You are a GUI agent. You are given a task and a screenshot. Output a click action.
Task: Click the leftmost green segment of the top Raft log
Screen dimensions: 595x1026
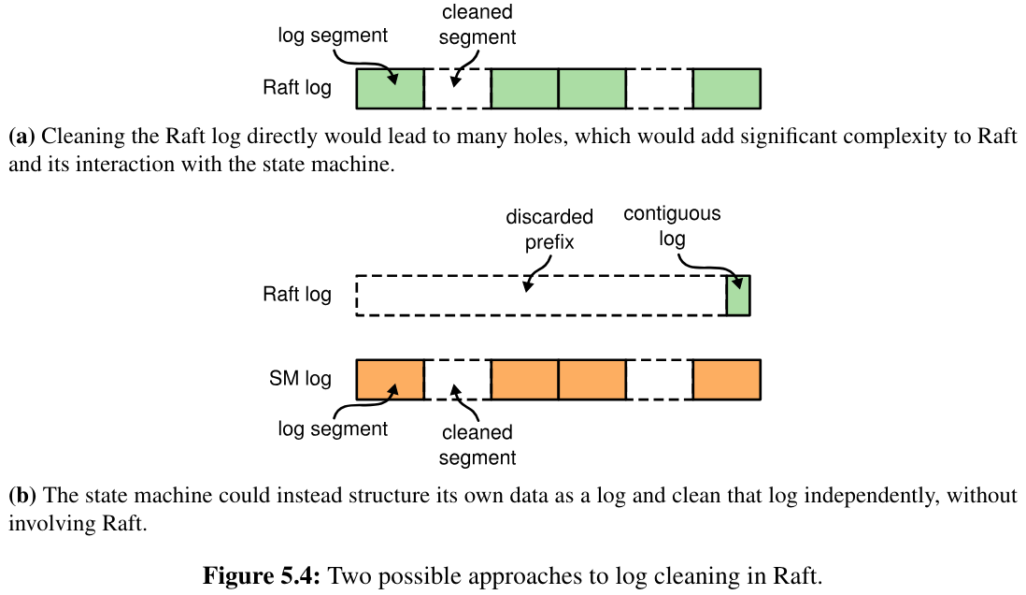pos(390,88)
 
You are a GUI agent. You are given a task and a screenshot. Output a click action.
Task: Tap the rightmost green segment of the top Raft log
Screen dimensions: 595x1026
pos(726,88)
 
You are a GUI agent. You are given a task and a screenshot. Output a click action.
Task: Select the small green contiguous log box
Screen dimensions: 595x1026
pos(738,295)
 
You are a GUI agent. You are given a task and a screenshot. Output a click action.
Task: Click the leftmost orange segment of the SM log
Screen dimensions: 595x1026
pos(390,379)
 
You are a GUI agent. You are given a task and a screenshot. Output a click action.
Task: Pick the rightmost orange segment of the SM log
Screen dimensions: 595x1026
pos(726,379)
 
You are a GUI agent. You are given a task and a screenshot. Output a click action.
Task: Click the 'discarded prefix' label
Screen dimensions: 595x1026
pos(549,229)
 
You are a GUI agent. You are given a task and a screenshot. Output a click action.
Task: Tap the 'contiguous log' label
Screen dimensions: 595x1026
pos(672,225)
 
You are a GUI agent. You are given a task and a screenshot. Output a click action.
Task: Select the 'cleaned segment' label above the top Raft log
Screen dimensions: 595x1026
pos(477,25)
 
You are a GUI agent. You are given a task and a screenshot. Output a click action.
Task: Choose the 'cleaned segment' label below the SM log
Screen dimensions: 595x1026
pos(477,444)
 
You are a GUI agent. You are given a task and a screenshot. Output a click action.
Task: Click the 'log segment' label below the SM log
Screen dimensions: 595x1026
pos(333,429)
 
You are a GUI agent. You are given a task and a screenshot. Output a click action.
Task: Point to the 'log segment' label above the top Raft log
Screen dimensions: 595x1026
pos(333,36)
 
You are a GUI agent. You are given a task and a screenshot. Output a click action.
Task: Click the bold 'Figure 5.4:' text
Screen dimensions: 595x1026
pos(262,574)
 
